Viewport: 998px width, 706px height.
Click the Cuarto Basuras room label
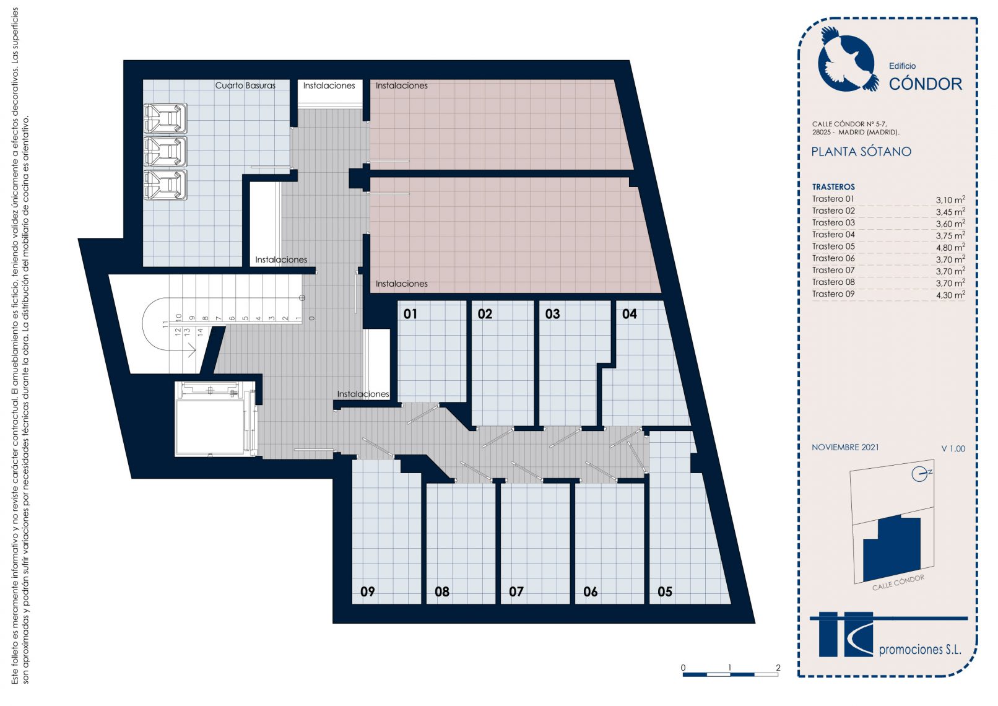coord(245,85)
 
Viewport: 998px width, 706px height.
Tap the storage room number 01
coord(410,314)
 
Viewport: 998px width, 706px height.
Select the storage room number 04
coord(629,314)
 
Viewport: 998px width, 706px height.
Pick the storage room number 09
coord(368,592)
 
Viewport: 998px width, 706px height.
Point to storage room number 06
coord(591,592)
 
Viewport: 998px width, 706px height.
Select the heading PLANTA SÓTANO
coord(861,152)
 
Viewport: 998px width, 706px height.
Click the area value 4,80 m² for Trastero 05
coord(950,247)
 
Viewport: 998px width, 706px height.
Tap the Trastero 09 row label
coord(833,294)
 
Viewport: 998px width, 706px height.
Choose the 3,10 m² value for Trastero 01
coord(950,199)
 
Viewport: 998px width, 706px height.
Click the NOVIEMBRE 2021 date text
coord(845,447)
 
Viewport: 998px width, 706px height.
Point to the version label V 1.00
coord(953,448)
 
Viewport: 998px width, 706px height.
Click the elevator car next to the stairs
coord(210,427)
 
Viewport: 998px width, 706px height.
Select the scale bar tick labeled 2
coord(778,667)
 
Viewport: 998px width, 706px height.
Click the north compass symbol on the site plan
coord(919,474)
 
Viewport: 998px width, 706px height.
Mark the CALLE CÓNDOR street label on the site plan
coord(898,583)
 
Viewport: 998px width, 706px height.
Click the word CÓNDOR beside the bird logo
coord(926,84)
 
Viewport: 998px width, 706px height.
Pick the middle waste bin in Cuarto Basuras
coord(165,152)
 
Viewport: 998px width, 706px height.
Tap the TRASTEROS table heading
coord(833,187)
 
